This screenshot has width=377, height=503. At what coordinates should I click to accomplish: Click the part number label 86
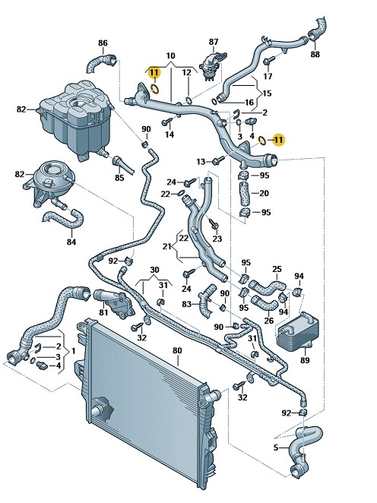(x=103, y=43)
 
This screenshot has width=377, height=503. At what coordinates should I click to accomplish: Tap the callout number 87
(x=214, y=42)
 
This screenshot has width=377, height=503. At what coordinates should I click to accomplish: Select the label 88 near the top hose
(x=315, y=54)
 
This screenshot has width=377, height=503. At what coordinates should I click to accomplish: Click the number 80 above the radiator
(x=177, y=350)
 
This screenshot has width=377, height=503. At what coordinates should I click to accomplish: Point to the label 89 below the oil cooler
(x=305, y=360)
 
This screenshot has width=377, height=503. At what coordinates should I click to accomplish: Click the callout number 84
(x=71, y=242)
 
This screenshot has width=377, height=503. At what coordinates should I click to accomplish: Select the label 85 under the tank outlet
(x=119, y=177)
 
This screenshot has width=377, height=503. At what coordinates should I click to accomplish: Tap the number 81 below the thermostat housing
(x=103, y=312)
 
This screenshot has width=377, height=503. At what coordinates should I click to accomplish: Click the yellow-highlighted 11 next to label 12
(x=154, y=73)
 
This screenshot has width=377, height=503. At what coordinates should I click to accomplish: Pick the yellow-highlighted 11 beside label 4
(x=278, y=140)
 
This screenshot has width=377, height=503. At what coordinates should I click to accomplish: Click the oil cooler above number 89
(x=297, y=330)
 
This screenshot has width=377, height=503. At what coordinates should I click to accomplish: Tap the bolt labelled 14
(x=168, y=122)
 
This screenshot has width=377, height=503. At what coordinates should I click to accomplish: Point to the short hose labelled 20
(x=245, y=192)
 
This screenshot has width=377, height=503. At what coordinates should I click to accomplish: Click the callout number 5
(x=276, y=448)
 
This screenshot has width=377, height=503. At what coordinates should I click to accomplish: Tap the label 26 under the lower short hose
(x=269, y=320)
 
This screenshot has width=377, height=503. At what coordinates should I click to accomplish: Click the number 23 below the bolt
(x=217, y=239)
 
